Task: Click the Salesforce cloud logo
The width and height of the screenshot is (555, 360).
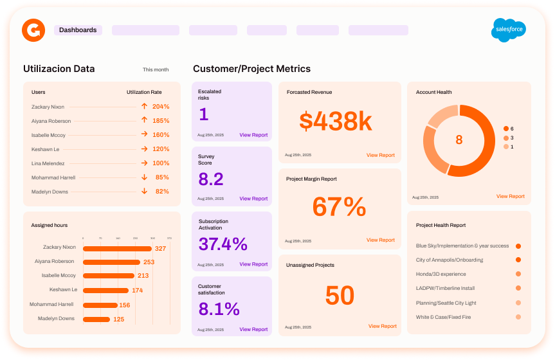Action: tap(509, 30)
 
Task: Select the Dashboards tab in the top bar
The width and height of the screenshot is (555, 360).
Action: tap(78, 30)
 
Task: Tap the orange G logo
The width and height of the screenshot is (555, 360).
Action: tap(33, 30)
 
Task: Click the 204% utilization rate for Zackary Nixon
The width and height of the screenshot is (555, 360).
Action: tap(161, 107)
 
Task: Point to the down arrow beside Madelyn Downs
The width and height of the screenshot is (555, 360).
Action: tap(144, 192)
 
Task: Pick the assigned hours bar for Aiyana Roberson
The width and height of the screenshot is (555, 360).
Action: tap(112, 262)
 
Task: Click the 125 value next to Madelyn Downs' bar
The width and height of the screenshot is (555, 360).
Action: tap(119, 319)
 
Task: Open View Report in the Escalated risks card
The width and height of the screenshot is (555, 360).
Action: tap(253, 135)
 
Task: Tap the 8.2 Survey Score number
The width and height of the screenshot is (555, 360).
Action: tap(211, 179)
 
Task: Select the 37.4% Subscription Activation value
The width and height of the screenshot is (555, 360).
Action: tap(223, 244)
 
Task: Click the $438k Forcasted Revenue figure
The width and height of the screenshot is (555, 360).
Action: tap(336, 121)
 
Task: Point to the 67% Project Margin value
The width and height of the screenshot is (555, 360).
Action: tap(339, 207)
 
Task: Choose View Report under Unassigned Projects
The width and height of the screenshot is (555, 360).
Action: tap(382, 326)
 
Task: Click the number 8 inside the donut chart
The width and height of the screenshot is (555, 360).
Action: tap(459, 140)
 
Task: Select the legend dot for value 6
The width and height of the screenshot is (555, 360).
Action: tap(506, 129)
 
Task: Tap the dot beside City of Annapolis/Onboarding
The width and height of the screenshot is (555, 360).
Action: tap(518, 260)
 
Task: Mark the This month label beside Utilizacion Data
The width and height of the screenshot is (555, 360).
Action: tap(156, 69)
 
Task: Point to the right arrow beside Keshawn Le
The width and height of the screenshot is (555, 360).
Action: tap(144, 149)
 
